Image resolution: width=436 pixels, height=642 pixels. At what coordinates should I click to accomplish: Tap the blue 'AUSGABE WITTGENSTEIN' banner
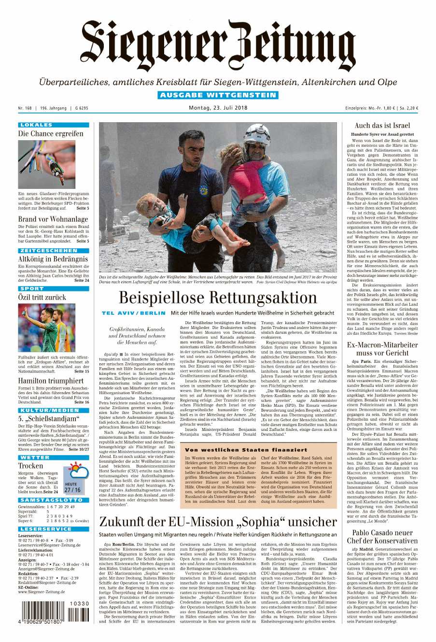pyautogui.click(x=217, y=95)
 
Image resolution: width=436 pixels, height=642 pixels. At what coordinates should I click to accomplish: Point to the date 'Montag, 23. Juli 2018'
pyautogui.click(x=218, y=108)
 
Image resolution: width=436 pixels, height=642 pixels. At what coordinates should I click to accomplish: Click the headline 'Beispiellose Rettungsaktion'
pyautogui.click(x=218, y=298)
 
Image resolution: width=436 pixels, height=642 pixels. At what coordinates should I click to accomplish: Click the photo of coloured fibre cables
pyautogui.click(x=46, y=164)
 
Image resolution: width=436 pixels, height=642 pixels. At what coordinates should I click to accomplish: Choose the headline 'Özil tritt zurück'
pyautogui.click(x=42, y=297)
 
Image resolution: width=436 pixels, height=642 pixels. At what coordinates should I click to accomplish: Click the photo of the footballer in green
pyautogui.click(x=46, y=328)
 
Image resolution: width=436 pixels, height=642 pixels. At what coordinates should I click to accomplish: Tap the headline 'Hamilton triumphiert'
pyautogui.click(x=51, y=381)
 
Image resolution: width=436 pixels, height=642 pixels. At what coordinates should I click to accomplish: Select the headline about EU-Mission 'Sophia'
pyautogui.click(x=218, y=522)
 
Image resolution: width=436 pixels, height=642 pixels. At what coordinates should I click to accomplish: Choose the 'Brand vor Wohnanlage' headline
pyautogui.click(x=53, y=219)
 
